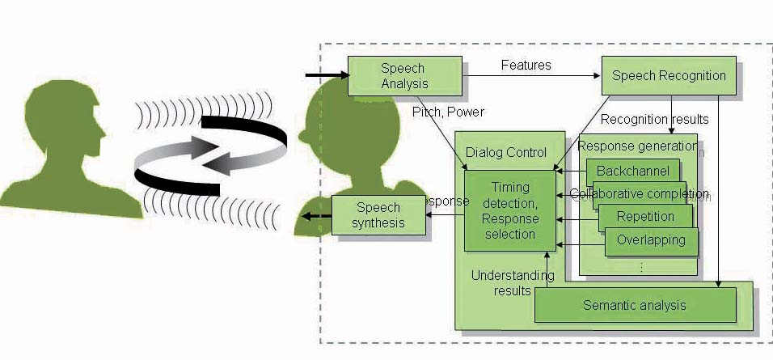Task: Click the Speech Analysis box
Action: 404,75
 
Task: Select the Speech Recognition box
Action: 669,77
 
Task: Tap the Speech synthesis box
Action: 379,215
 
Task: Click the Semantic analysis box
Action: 635,305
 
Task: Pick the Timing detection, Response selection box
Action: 509,210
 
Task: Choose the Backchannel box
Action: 632,172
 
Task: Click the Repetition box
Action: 644,217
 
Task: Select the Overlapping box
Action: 650,240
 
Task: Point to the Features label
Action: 526,65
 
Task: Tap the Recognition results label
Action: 654,120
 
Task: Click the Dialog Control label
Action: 506,153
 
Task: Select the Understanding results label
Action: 513,282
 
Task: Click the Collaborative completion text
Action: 639,194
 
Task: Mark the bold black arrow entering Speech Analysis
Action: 325,76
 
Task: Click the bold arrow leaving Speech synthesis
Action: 316,215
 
